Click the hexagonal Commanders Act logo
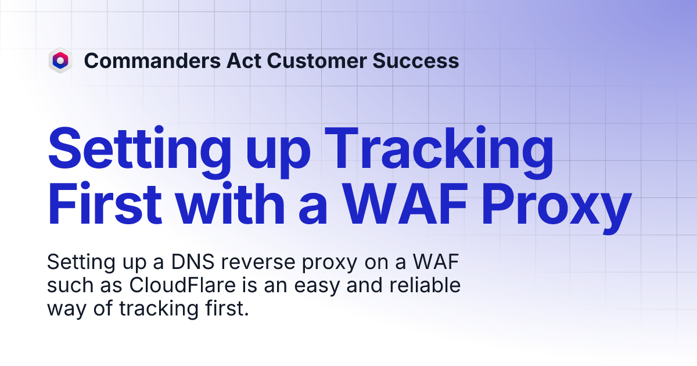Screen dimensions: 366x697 coord(60,60)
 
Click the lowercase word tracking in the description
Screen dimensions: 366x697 coord(157,309)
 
